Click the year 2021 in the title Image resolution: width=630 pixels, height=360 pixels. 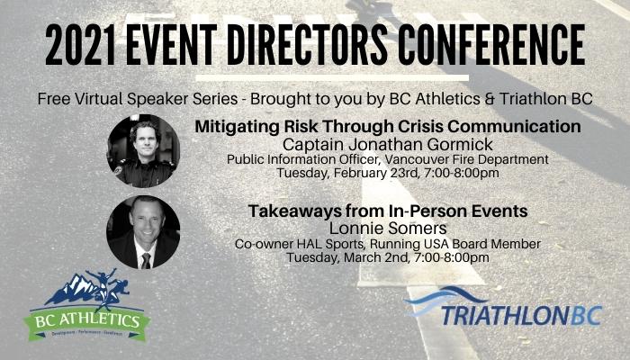tap(80, 45)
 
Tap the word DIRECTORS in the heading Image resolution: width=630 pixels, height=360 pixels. tap(308, 45)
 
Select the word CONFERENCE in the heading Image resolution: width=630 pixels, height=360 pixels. tap(491, 45)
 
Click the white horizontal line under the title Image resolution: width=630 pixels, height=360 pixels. tap(332, 77)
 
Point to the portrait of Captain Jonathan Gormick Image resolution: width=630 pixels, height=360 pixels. tap(143, 151)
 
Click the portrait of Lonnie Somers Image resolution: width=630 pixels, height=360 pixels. tap(143, 232)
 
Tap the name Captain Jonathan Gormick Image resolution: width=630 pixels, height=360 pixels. tap(388, 144)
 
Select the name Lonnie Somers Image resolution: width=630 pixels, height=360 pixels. tap(388, 229)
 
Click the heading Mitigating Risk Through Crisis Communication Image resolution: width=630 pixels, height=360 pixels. tap(388, 127)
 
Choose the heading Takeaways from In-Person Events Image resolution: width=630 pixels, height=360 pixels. tap(388, 211)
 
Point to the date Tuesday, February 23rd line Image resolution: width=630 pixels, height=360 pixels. tap(388, 173)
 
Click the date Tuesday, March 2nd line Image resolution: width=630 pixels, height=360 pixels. tap(388, 257)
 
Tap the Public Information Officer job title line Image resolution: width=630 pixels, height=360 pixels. tap(388, 159)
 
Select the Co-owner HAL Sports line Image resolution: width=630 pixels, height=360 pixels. tap(388, 244)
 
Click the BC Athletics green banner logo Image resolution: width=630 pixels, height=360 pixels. tap(86, 321)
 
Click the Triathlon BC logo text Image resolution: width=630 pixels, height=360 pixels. tap(521, 315)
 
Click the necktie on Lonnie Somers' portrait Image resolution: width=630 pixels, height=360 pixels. tap(146, 261)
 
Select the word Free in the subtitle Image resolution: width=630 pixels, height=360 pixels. tap(52, 99)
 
